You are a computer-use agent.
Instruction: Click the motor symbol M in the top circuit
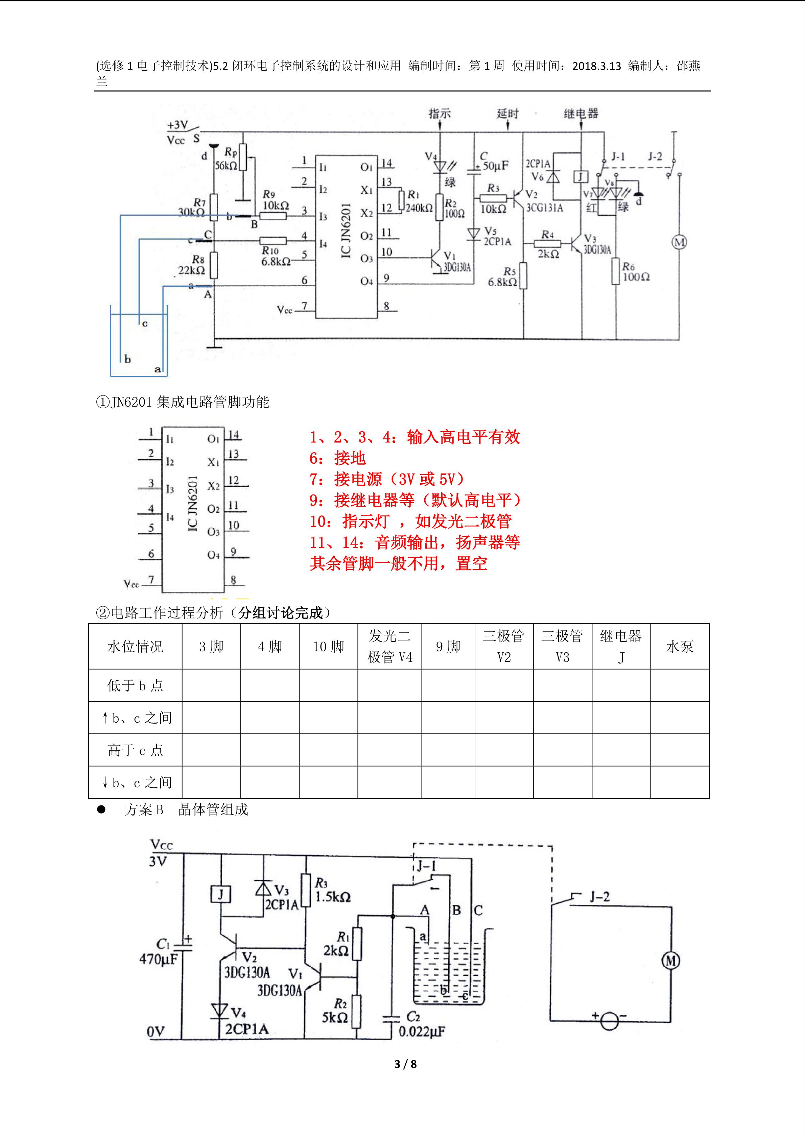(x=679, y=242)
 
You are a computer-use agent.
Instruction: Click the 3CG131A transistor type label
(x=544, y=208)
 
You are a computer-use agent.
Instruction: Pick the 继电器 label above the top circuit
(x=581, y=114)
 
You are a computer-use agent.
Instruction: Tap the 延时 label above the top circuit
(x=507, y=114)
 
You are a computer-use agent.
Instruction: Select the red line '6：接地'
(x=337, y=458)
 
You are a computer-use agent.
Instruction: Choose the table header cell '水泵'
(x=680, y=646)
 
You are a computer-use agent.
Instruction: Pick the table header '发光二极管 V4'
(x=389, y=646)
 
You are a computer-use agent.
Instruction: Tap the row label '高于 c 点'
(x=135, y=750)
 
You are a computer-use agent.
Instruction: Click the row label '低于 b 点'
(x=135, y=685)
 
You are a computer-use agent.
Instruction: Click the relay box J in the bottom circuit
(x=220, y=895)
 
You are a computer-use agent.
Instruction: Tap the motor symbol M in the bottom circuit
(x=671, y=961)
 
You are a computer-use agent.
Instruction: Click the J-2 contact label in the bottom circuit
(x=599, y=897)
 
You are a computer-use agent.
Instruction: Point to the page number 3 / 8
(x=405, y=1064)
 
